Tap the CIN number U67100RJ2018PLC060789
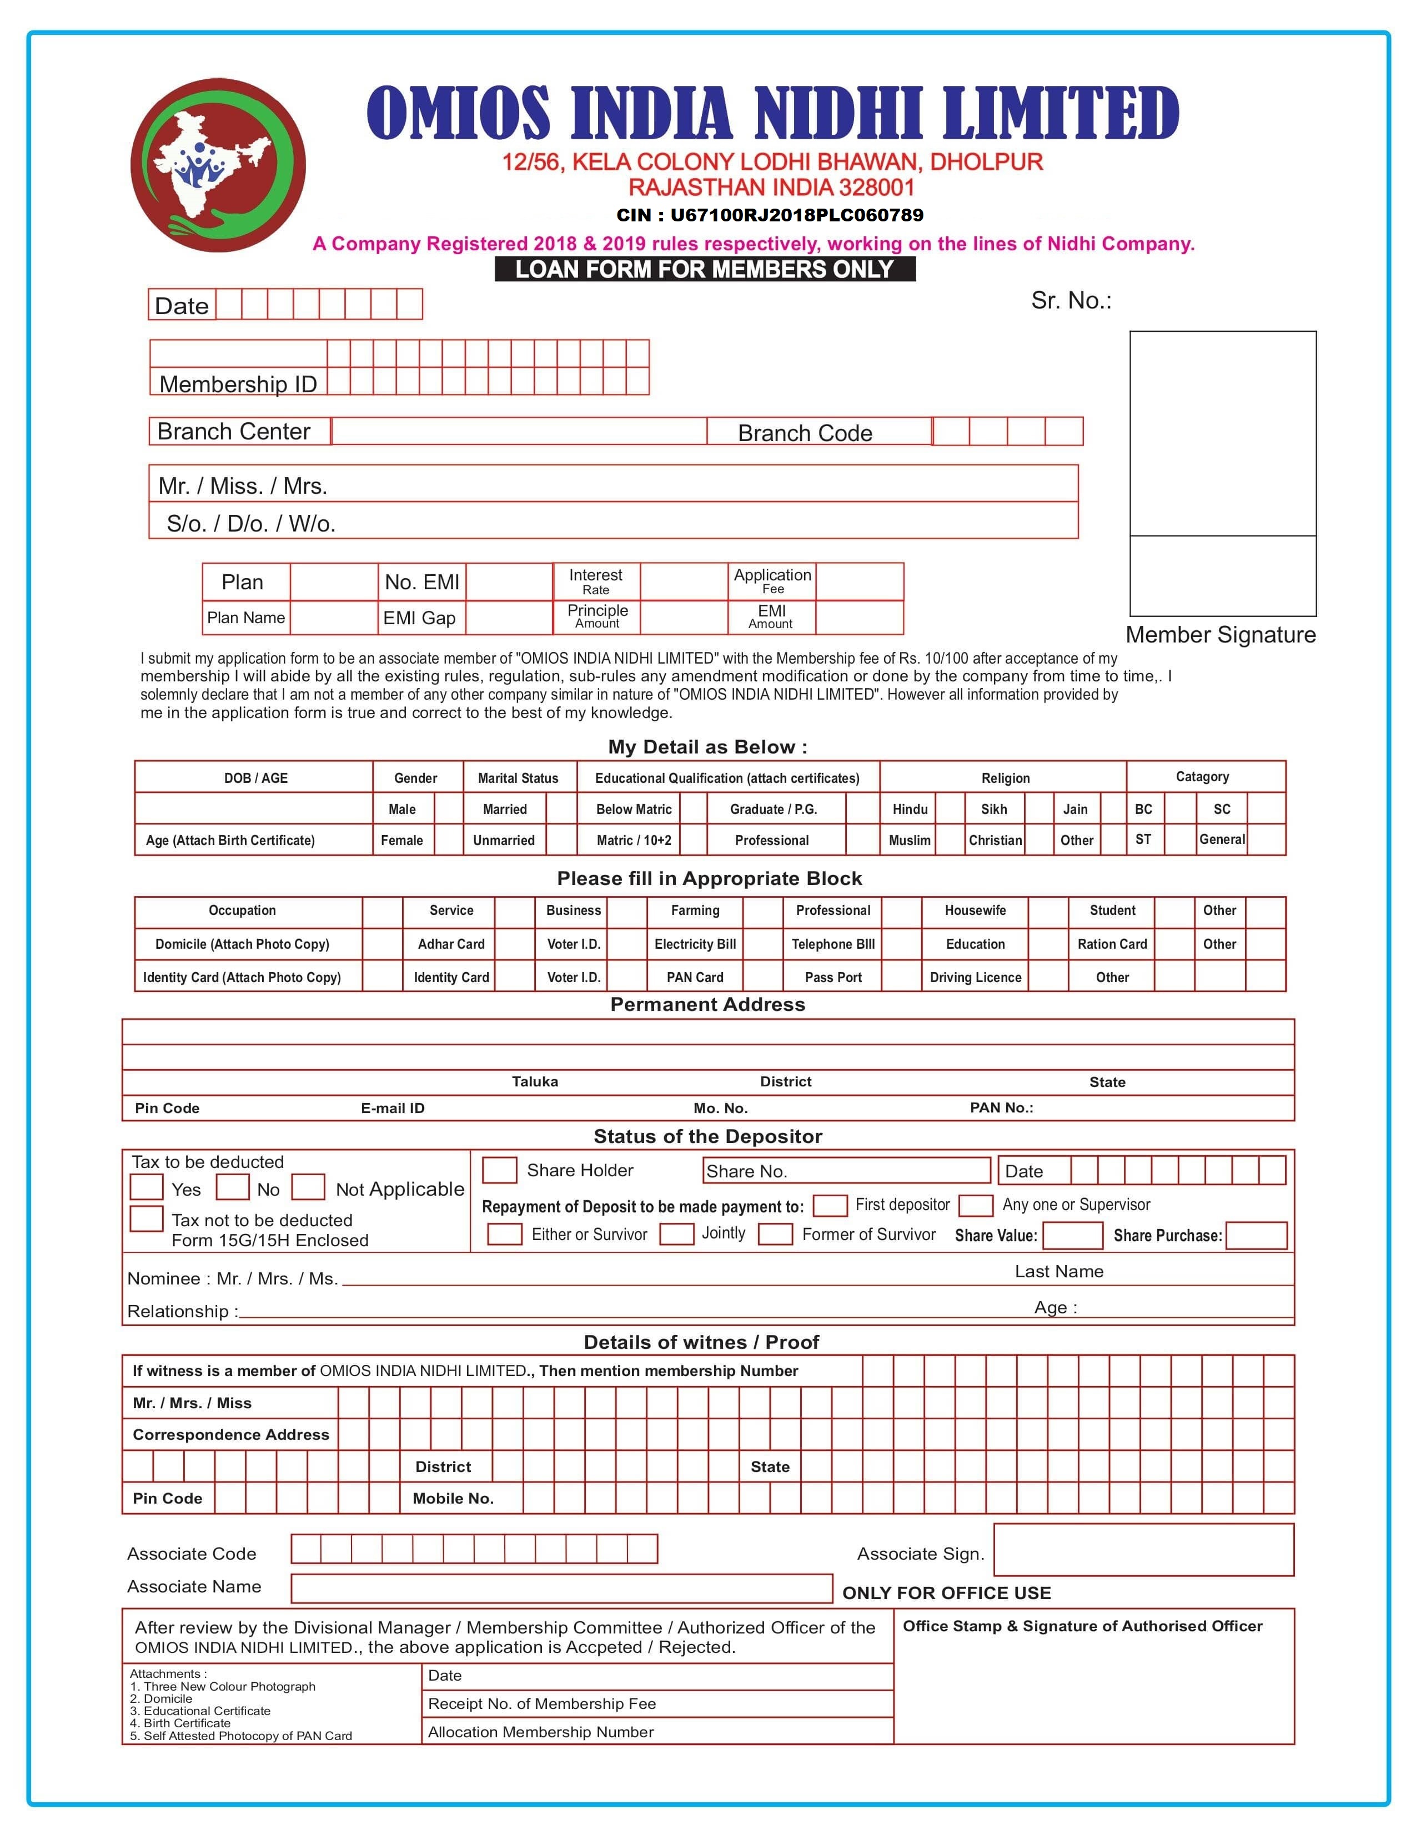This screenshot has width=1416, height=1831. coord(769,215)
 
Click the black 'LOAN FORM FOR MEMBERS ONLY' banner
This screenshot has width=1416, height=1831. coord(705,269)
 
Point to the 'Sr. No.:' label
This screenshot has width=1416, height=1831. coord(1071,301)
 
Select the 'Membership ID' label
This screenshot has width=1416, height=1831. coord(238,384)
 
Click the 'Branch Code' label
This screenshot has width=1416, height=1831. coord(805,433)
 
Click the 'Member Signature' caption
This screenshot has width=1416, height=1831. coord(1220,635)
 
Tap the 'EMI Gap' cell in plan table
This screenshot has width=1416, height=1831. coord(419,618)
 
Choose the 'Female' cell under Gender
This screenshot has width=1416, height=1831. coord(402,840)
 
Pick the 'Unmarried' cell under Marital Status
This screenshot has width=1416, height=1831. coord(503,840)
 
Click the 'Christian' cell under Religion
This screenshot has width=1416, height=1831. coord(995,840)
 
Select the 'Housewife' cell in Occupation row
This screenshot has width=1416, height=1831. coord(975,911)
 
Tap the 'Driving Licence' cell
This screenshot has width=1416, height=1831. coord(975,978)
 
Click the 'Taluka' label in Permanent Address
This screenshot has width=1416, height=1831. coord(534,1081)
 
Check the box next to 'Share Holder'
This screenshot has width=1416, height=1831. coord(500,1170)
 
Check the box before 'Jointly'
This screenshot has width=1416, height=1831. coord(676,1234)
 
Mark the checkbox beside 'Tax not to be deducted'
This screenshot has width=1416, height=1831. coord(146,1219)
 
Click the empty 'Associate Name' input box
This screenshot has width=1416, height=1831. coord(561,1588)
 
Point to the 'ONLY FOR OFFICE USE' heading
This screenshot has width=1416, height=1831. coord(946,1593)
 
